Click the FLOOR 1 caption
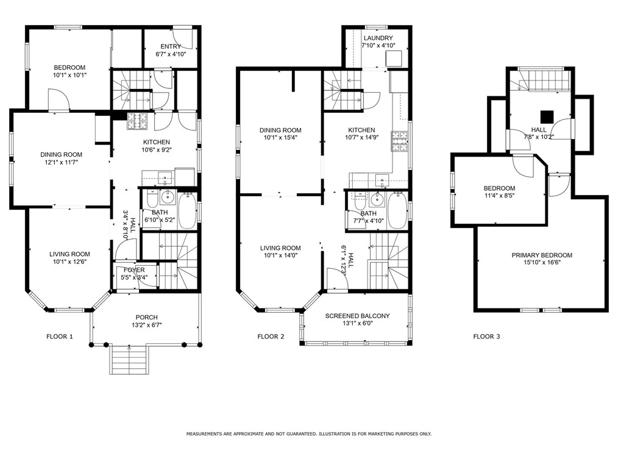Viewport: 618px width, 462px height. [60, 336]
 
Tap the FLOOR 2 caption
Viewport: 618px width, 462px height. [271, 336]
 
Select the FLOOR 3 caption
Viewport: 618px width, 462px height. [486, 336]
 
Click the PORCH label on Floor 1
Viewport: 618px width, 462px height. [147, 318]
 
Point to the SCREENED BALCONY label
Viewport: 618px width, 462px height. [357, 316]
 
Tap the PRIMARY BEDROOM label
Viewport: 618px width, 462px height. [541, 255]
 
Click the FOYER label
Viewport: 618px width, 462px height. [134, 270]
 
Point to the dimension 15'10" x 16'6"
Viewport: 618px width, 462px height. [541, 263]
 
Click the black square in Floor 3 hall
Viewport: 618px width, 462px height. [547, 116]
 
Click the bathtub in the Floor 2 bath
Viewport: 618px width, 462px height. [397, 210]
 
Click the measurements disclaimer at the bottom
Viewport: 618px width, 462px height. [308, 434]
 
